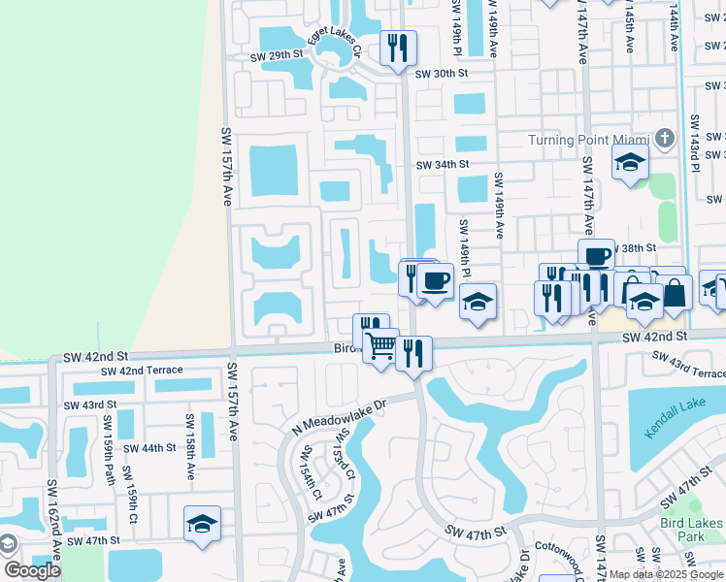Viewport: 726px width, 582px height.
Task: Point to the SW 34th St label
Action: (x=443, y=165)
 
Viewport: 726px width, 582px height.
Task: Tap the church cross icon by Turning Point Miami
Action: (x=665, y=138)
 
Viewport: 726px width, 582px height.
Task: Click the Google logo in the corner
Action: (x=32, y=570)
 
